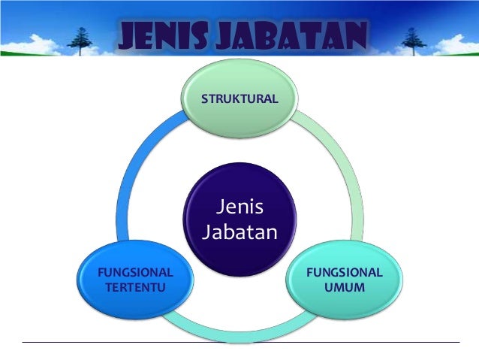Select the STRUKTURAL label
click(x=239, y=99)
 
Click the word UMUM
click(x=346, y=287)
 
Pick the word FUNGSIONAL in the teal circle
click(x=346, y=272)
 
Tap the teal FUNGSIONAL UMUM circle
click(x=346, y=308)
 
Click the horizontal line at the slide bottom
click(x=239, y=343)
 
